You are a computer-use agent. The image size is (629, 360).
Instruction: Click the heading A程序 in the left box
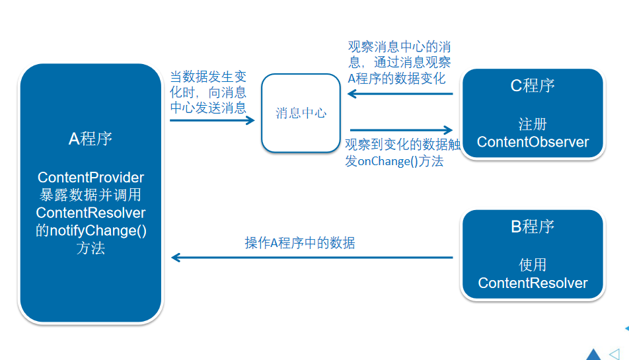point(91,138)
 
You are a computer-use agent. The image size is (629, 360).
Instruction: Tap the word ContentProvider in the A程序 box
point(91,178)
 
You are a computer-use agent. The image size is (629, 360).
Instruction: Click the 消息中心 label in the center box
point(301,113)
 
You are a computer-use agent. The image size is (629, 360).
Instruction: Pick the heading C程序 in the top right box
point(533,85)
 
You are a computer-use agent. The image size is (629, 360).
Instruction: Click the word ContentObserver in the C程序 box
point(533,142)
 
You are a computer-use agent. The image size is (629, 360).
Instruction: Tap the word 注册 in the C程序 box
point(533,124)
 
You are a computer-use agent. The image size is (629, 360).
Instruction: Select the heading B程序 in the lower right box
point(533,227)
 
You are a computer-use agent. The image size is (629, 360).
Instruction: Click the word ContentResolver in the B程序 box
point(533,283)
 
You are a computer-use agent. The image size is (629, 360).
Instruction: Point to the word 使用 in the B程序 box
point(533,265)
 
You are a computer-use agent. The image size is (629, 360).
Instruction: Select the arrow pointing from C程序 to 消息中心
point(400,94)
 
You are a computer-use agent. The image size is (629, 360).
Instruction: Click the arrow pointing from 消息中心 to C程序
point(400,130)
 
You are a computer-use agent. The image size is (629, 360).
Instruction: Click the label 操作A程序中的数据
point(300,243)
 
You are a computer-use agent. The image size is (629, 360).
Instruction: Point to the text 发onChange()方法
point(394,162)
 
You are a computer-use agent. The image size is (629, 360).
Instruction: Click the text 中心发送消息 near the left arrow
point(208,108)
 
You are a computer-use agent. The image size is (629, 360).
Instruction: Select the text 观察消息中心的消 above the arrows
point(400,47)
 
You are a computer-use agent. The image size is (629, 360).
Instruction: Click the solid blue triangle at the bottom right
point(593,355)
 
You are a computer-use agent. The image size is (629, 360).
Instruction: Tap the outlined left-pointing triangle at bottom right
point(614,354)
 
